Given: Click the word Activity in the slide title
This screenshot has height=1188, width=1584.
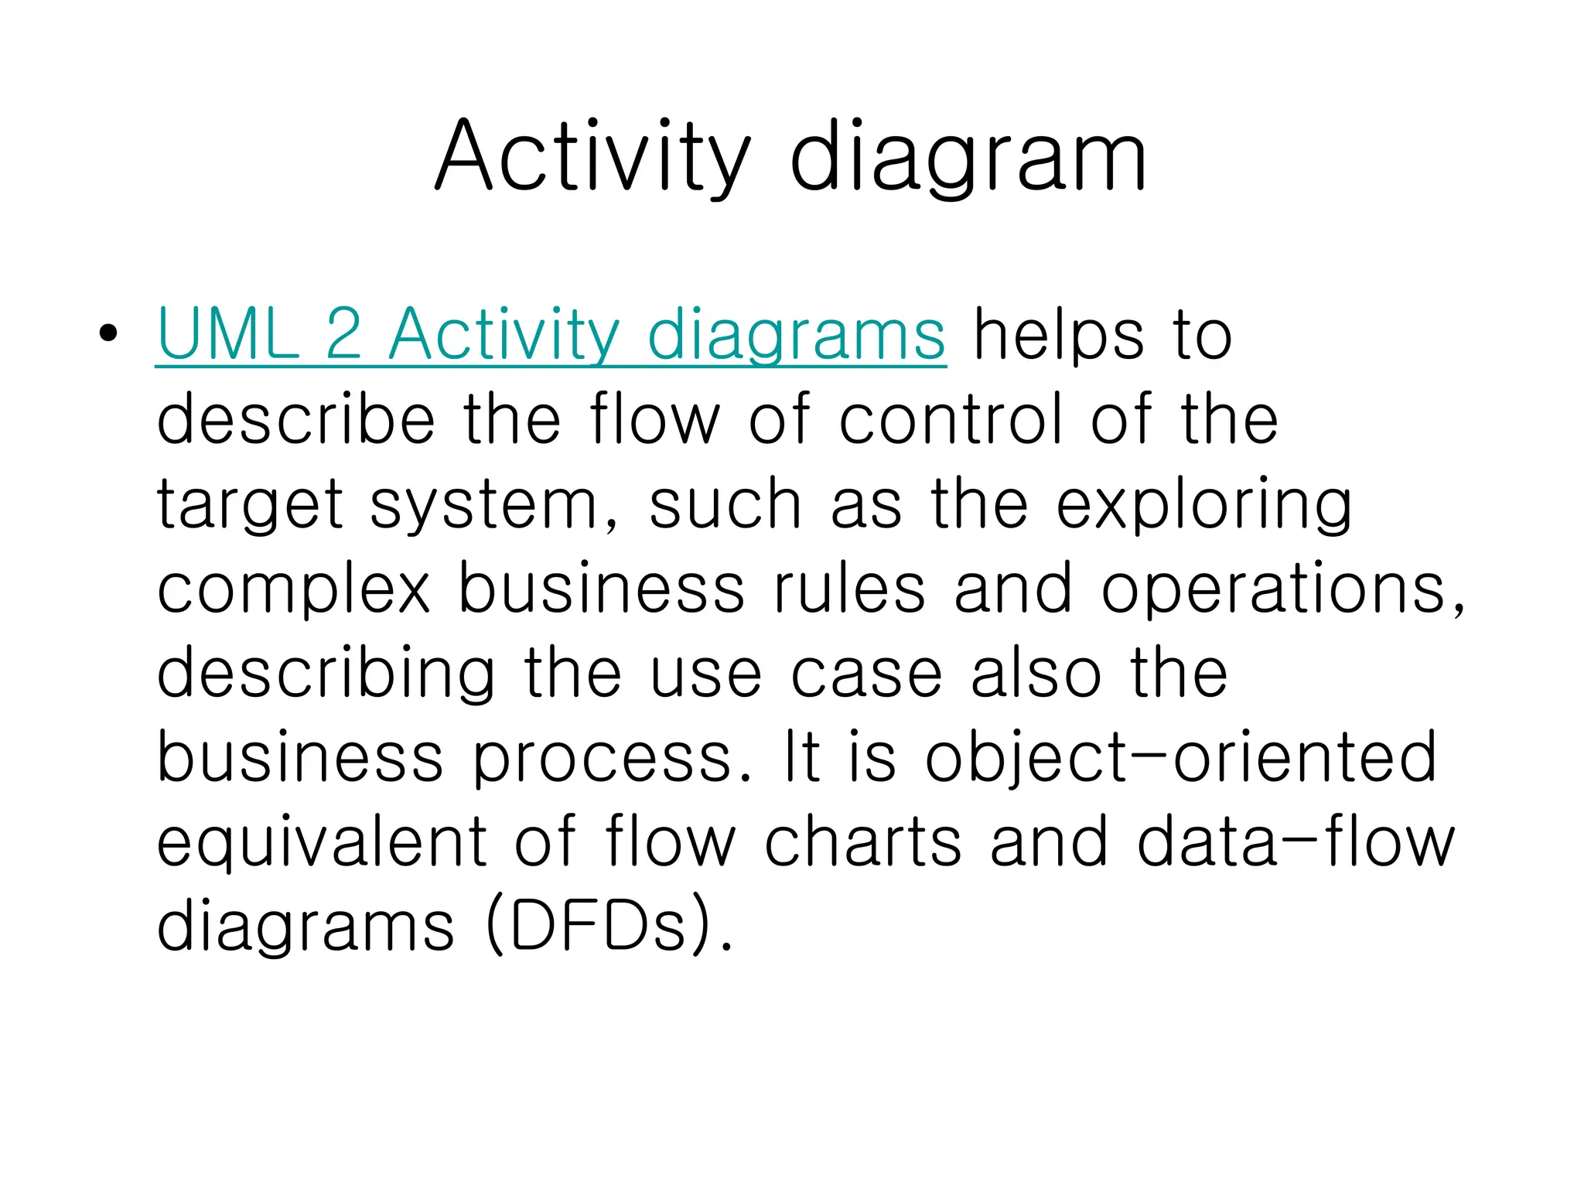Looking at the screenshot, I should pyautogui.click(x=592, y=157).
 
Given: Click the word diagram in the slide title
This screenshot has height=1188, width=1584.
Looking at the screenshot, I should pyautogui.click(x=968, y=157).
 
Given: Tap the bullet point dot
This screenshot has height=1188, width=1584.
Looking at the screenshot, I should pyautogui.click(x=108, y=333).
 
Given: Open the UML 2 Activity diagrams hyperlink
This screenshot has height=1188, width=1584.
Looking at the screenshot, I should pyautogui.click(x=550, y=335).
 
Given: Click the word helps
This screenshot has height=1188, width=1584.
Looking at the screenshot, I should pyautogui.click(x=1058, y=335).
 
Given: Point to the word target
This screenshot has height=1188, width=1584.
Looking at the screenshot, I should pyautogui.click(x=250, y=504).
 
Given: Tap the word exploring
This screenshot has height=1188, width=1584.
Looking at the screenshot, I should pyautogui.click(x=1203, y=504).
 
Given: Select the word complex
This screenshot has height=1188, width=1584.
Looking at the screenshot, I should pyautogui.click(x=293, y=589).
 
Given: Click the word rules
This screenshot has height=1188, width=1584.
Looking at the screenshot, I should pyautogui.click(x=848, y=589).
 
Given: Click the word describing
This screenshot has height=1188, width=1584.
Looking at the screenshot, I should pyautogui.click(x=326, y=673).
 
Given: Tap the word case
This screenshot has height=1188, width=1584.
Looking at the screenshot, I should pyautogui.click(x=866, y=673).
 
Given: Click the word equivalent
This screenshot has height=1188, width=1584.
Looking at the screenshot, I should pyautogui.click(x=322, y=842).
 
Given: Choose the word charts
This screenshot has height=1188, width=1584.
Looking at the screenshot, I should pyautogui.click(x=863, y=842).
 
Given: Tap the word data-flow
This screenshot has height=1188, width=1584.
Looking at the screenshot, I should pyautogui.click(x=1296, y=842).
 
